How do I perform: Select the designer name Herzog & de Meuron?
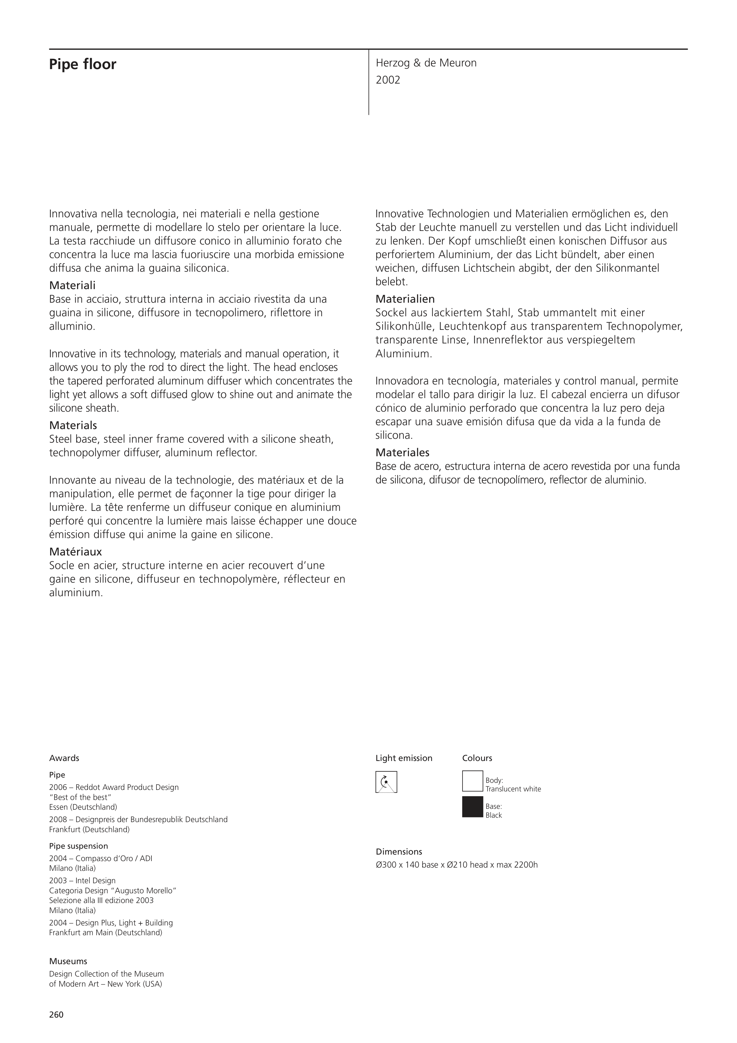[426, 63]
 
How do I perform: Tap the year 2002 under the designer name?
[388, 80]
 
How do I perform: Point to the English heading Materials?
[73, 425]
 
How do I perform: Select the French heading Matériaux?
[75, 552]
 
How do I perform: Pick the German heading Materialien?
[405, 299]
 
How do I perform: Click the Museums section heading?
[68, 961]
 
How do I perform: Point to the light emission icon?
[386, 782]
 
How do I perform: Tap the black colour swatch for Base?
[472, 807]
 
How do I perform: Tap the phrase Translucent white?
[513, 789]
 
